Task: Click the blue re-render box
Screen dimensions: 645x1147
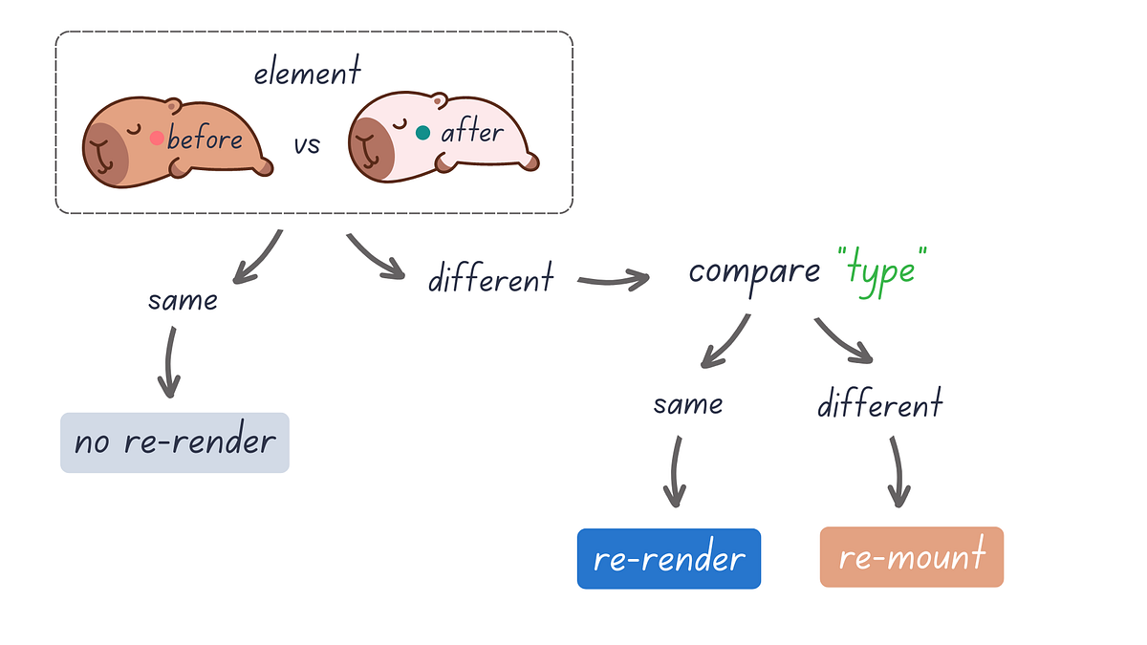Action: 668,558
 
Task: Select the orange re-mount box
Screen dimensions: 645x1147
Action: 911,556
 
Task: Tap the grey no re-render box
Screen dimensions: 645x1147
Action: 174,442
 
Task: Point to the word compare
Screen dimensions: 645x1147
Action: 754,270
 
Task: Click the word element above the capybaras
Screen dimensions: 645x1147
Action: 307,72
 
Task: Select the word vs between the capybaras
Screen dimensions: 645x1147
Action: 307,145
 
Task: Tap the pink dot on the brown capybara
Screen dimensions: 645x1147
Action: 157,138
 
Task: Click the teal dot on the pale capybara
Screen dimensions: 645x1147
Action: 422,133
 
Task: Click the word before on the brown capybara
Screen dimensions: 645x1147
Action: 205,140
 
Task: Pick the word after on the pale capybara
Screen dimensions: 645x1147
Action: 471,132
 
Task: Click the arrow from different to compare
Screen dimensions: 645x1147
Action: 613,281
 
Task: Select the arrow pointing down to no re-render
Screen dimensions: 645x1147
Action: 169,363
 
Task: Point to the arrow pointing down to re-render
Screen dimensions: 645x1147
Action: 674,472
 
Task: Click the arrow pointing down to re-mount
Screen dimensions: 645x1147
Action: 897,472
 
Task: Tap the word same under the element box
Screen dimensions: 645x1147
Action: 183,301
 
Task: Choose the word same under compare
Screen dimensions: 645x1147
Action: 687,404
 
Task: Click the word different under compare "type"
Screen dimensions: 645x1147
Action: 879,404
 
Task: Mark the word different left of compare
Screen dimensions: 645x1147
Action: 490,278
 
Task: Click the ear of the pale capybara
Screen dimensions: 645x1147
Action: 439,98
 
